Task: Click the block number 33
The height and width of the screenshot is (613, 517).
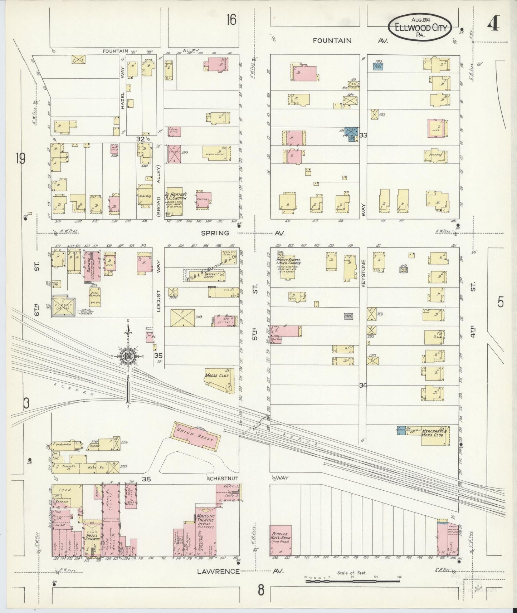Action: pyautogui.click(x=363, y=135)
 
